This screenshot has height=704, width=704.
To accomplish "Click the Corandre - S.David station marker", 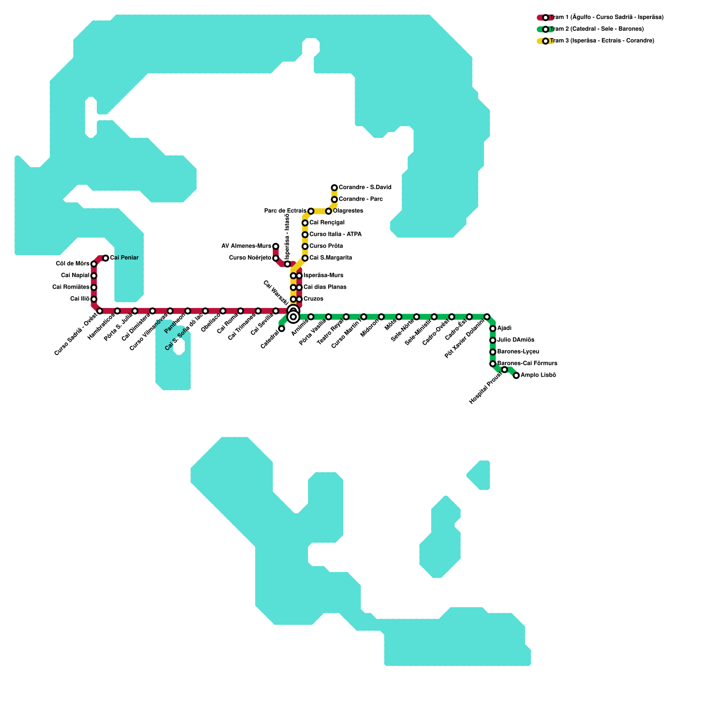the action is click(x=334, y=188).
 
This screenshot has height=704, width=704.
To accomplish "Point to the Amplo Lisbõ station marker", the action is click(x=516, y=375).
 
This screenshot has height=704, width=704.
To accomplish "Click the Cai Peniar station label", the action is click(x=124, y=258).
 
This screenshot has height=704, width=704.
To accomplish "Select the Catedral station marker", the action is click(x=282, y=328).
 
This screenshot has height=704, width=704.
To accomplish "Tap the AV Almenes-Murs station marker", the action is click(x=276, y=246).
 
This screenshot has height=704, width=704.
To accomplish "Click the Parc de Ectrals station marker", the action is click(x=311, y=211).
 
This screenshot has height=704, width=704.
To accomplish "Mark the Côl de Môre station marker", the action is click(x=94, y=264).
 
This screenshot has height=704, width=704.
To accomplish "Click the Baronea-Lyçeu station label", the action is click(x=518, y=352).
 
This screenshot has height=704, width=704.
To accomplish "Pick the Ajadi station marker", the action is click(x=493, y=329).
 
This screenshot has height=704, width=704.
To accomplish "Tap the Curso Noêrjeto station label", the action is click(x=250, y=258).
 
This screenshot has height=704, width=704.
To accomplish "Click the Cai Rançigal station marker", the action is click(x=305, y=223).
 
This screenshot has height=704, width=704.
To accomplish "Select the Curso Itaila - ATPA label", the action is click(x=335, y=235).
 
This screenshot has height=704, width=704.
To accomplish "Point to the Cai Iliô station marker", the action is click(x=94, y=299).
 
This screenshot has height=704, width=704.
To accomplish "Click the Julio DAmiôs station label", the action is click(x=516, y=340).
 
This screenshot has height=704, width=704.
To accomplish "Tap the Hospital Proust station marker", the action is click(x=505, y=370).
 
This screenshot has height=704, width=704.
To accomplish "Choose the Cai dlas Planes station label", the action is click(x=325, y=287).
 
